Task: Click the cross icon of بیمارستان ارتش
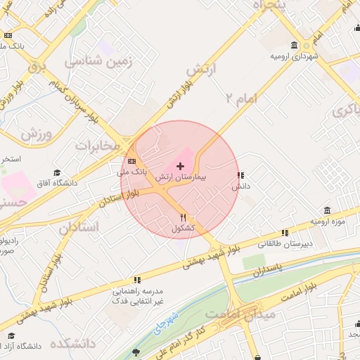coord(181,167)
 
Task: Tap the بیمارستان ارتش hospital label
coord(181,179)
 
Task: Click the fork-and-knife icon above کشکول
coord(184,217)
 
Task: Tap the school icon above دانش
coord(240,175)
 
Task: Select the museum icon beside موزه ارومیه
coord(328,210)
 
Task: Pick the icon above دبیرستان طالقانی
coord(285,232)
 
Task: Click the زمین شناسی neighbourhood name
coord(98,62)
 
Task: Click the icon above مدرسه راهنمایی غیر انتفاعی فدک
coord(137,280)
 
